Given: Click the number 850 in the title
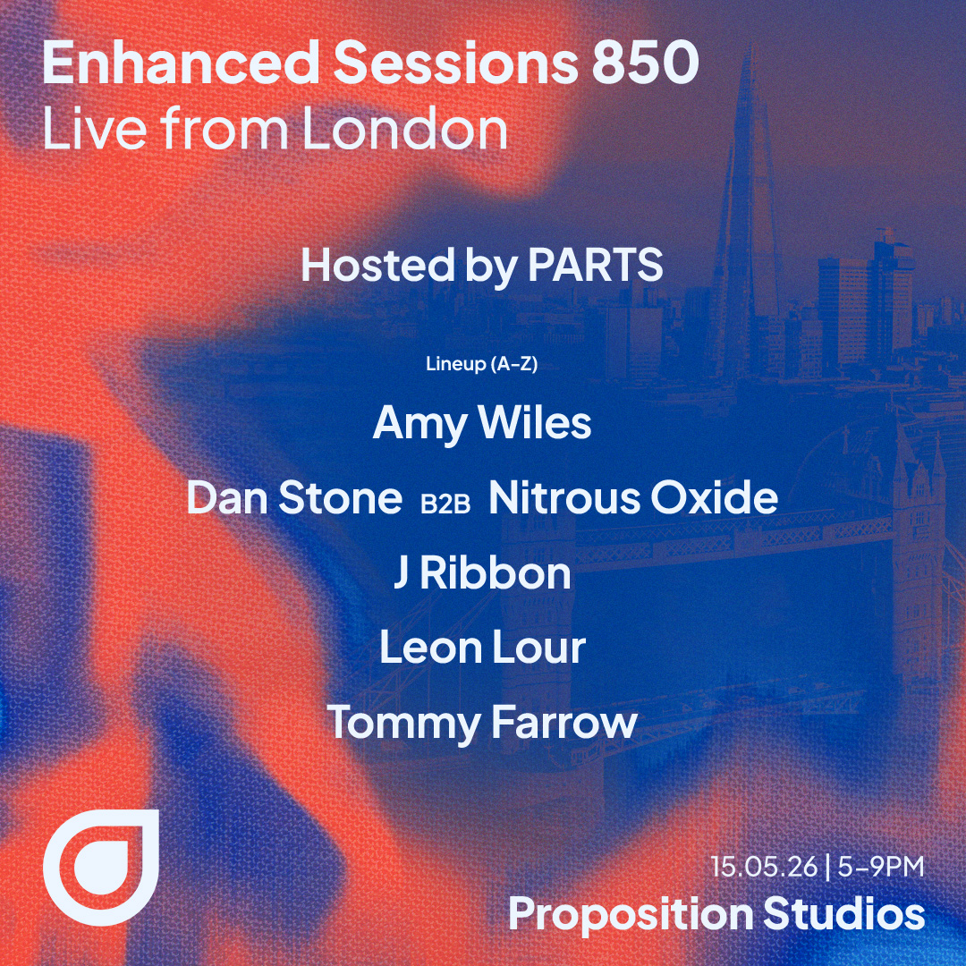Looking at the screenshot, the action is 645,63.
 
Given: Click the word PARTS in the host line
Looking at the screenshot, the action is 595,266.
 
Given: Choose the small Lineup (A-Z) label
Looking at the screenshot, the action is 482,364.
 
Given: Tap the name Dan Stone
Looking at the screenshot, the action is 294,498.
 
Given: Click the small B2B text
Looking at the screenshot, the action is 445,504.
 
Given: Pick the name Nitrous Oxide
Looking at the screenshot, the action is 632,498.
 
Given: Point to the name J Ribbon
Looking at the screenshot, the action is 482,573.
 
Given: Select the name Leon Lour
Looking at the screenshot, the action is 482,648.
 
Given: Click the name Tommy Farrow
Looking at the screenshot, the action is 482,724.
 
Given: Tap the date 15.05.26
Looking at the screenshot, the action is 764,866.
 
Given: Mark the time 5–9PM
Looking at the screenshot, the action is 881,866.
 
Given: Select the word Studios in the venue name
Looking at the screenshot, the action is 844,912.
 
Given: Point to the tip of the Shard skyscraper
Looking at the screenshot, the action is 750,45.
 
